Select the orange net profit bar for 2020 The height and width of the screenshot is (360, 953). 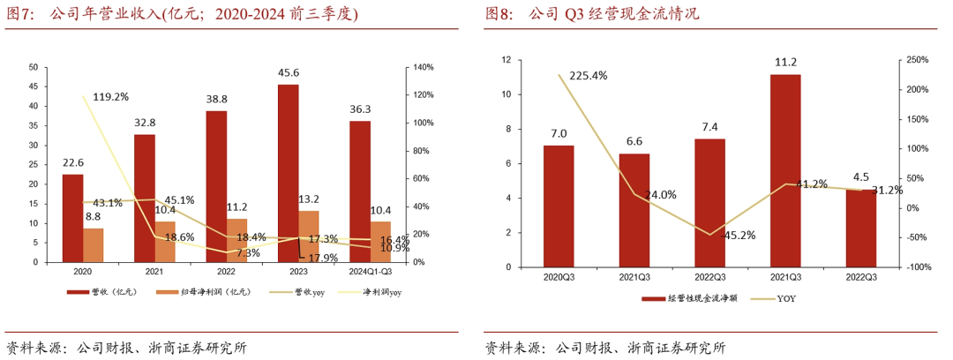coord(94,245)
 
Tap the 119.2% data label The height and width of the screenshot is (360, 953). coord(110,96)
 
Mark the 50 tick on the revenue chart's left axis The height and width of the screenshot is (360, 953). coord(33,67)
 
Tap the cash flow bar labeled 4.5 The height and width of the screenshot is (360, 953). coord(860,228)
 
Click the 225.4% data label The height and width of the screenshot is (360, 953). coord(588,76)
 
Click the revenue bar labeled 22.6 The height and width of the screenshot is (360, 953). coord(72,218)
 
